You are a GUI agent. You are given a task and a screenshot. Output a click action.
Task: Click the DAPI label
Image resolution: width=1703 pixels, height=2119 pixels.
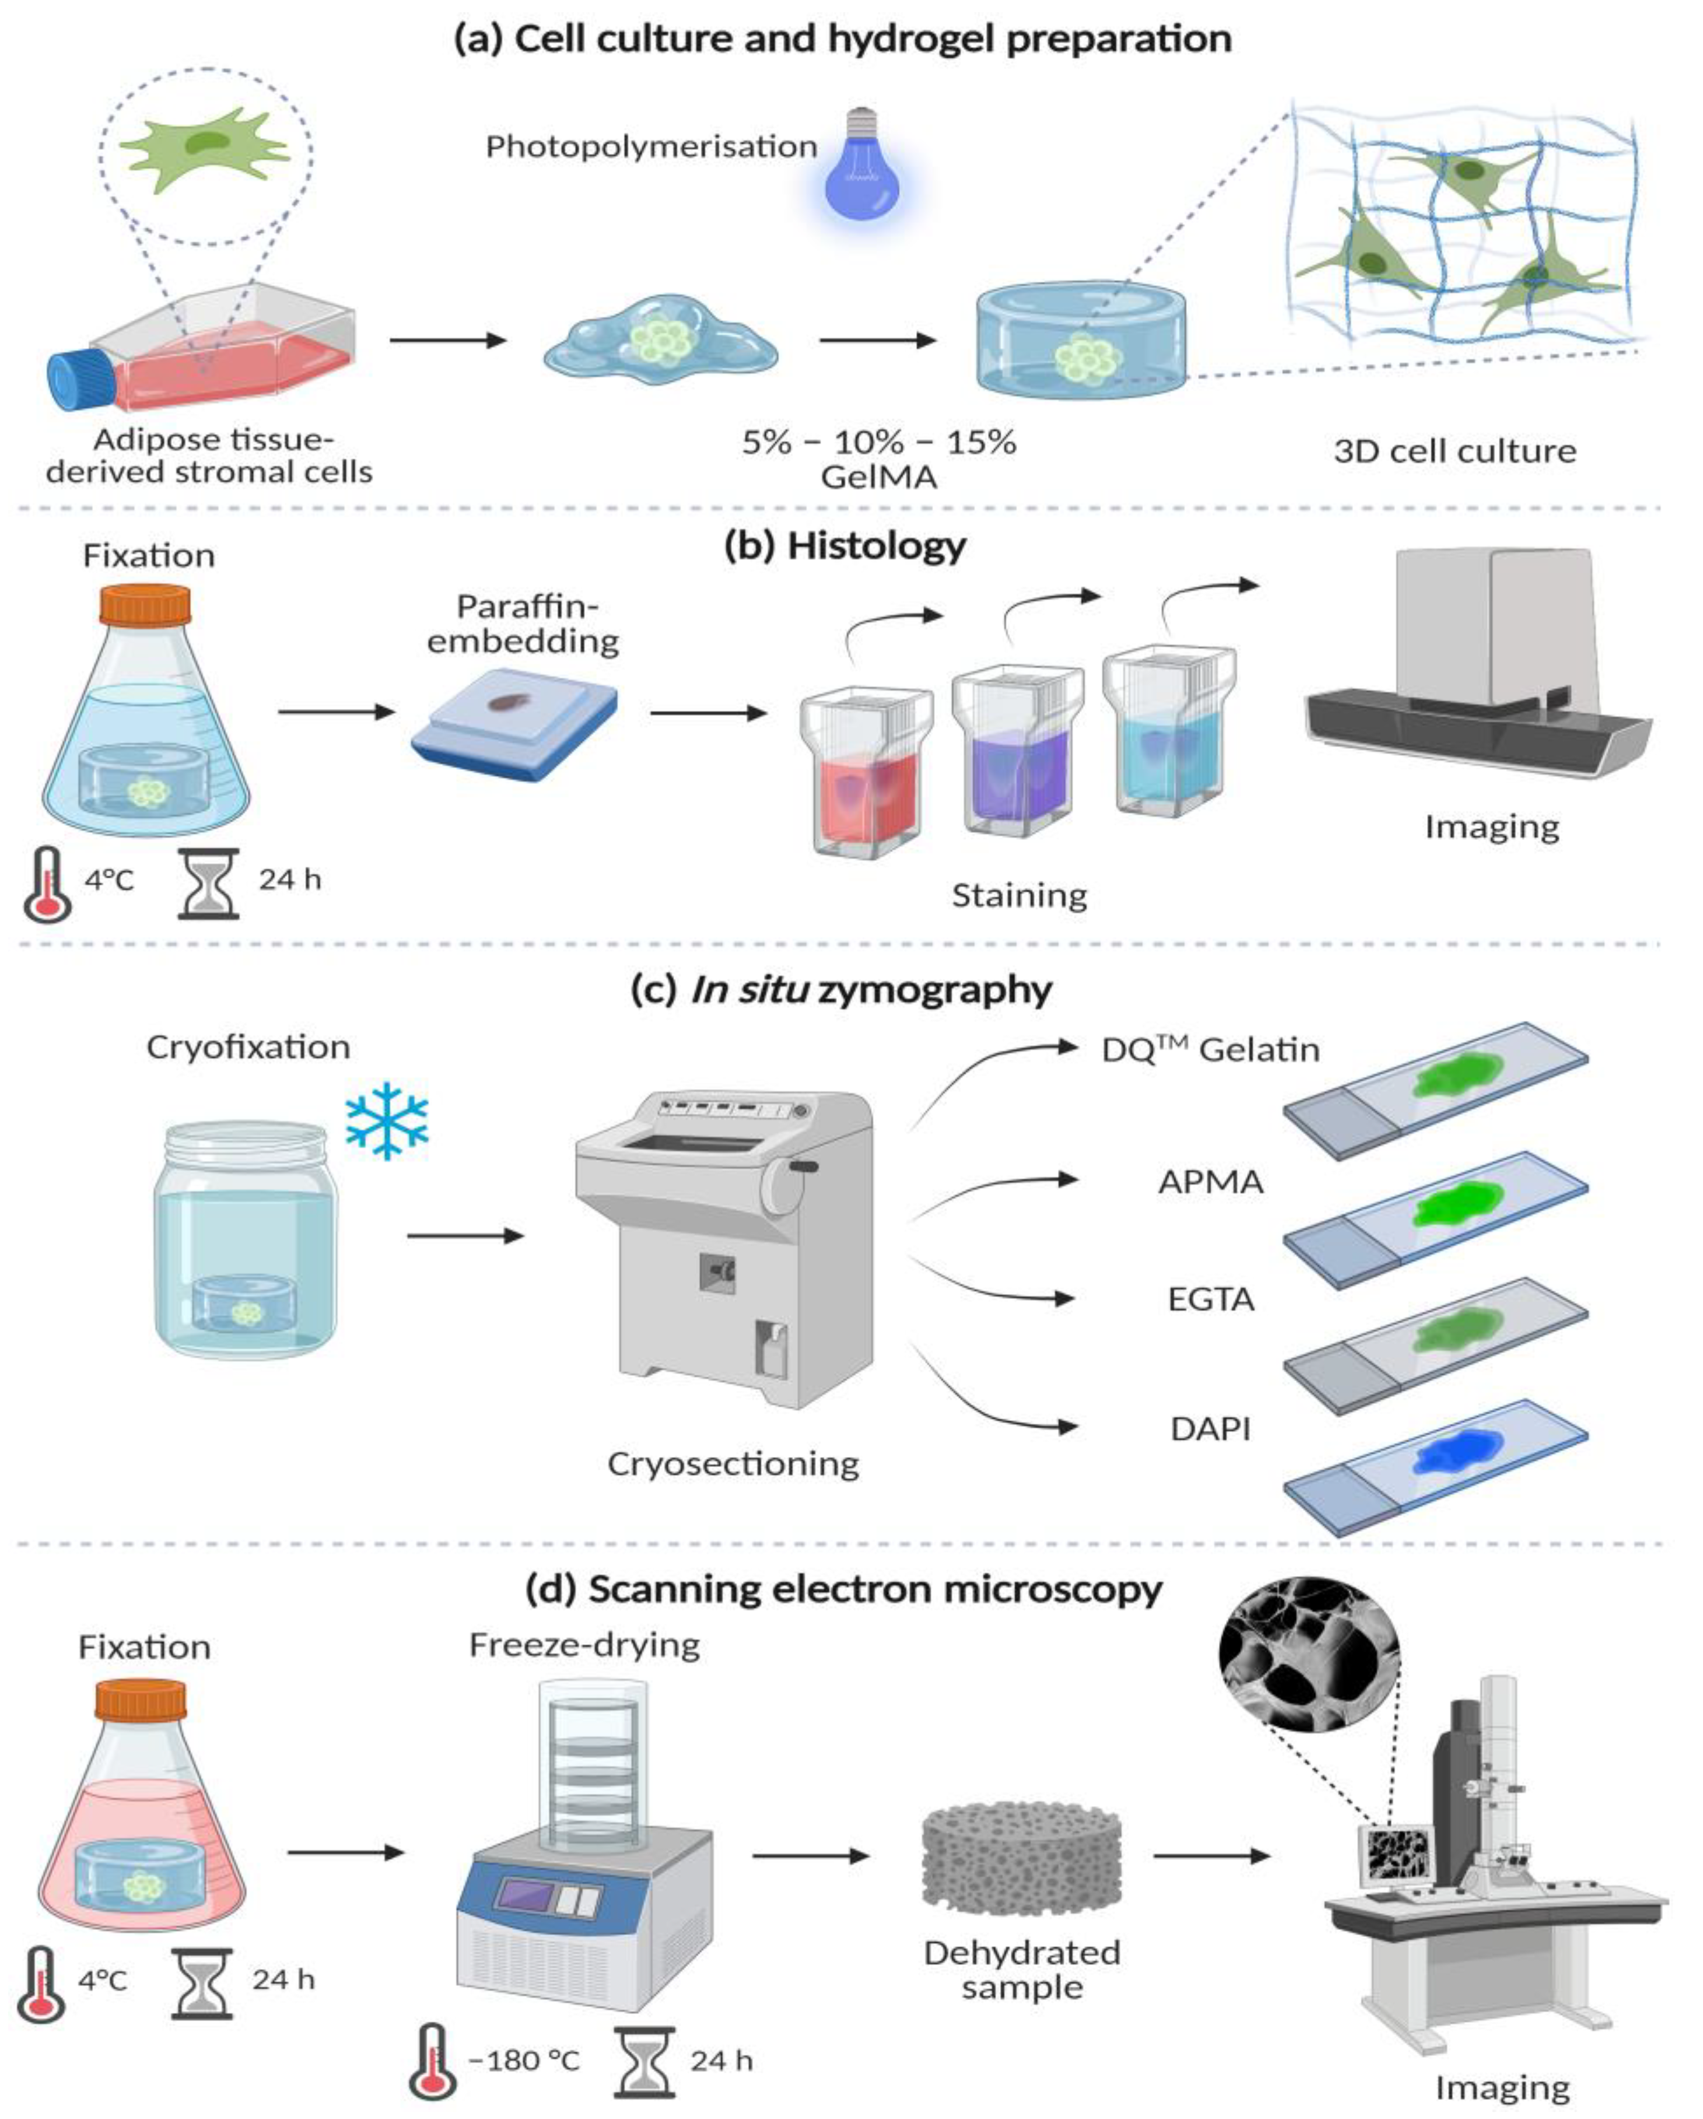pos(1211,1428)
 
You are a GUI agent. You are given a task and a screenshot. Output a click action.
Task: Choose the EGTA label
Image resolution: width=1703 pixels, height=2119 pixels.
pos(1211,1300)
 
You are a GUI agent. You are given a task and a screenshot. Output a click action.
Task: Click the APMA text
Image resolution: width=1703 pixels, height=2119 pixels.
pos(1211,1181)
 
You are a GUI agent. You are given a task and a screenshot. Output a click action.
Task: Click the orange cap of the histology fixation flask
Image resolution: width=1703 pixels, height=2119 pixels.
pos(145,604)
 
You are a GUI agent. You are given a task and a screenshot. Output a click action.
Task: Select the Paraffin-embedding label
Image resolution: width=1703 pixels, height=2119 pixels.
pos(523,624)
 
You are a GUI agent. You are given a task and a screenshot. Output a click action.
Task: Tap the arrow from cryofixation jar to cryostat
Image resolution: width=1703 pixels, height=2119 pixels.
pos(465,1237)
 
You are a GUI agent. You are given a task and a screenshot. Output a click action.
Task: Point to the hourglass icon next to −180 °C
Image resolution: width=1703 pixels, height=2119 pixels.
pos(644,2060)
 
